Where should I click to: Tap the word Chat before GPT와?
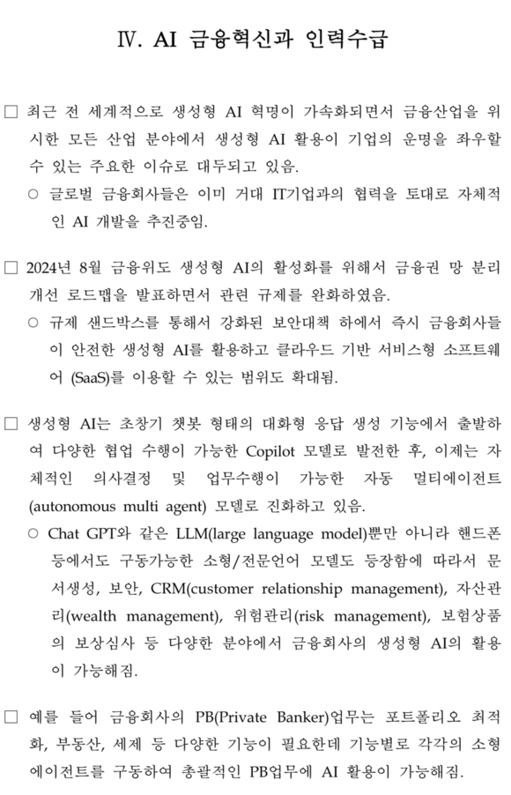tap(64, 534)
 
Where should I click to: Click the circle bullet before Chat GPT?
tap(33, 534)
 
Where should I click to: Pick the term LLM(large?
tap(210, 534)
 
